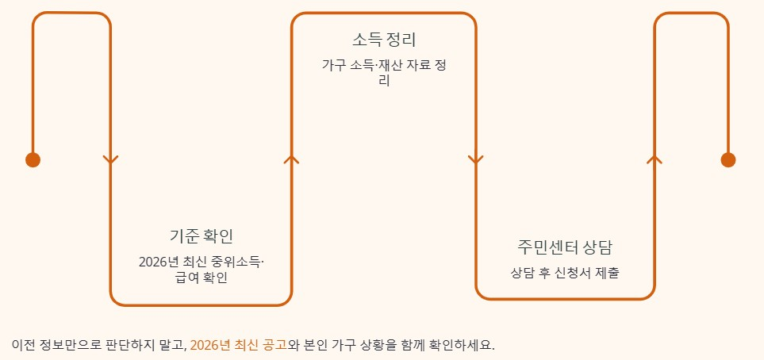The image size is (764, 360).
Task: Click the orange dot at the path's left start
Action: [x=33, y=160]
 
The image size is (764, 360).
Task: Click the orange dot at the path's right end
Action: [x=728, y=160]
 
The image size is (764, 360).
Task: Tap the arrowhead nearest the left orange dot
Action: [x=110, y=160]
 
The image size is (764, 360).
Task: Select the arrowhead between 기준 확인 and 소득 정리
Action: [x=291, y=159]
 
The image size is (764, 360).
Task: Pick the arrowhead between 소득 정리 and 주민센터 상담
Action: [x=475, y=160]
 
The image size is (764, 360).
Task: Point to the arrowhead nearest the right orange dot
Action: [x=655, y=159]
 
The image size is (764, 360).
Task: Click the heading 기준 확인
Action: [x=202, y=236]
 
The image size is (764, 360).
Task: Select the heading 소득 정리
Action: [x=384, y=40]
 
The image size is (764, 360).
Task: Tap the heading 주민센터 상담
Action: [x=565, y=247]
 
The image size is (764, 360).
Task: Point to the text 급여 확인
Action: [x=202, y=278]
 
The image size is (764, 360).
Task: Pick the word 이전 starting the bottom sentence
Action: [x=23, y=346]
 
